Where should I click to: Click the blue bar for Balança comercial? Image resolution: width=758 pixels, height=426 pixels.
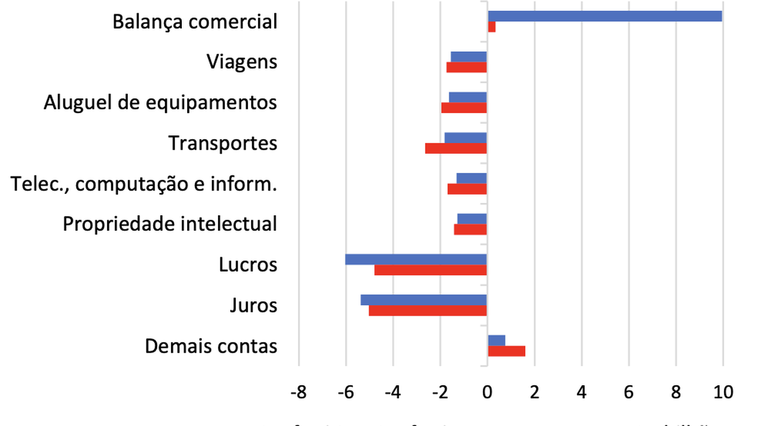tap(604, 16)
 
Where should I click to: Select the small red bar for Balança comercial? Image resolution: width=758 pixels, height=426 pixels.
tap(492, 27)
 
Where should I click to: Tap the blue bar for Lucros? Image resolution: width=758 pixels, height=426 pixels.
tap(416, 259)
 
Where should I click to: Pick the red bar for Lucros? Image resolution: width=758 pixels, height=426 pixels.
tap(431, 270)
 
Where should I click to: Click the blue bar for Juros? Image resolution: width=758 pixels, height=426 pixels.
tap(423, 300)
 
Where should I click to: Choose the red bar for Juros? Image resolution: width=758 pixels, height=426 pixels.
tap(428, 311)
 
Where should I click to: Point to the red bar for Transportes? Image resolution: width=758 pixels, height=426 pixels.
tap(456, 149)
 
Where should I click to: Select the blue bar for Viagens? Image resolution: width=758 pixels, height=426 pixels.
tap(468, 56)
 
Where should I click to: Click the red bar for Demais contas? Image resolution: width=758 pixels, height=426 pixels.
tap(506, 351)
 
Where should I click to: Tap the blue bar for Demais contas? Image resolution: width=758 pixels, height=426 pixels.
tap(496, 340)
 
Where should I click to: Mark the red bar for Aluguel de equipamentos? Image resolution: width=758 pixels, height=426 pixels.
tap(464, 108)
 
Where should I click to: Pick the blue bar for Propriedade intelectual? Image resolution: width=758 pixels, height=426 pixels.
tap(472, 219)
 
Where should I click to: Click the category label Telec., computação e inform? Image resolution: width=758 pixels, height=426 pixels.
tap(144, 184)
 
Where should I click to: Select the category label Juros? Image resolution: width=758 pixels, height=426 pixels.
tap(253, 305)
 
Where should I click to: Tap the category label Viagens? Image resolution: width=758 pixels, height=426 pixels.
tap(242, 62)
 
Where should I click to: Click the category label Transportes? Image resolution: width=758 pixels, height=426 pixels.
tap(223, 143)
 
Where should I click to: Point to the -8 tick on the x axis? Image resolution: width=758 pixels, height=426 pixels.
tap(298, 392)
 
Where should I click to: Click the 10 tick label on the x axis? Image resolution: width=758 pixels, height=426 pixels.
tap(722, 392)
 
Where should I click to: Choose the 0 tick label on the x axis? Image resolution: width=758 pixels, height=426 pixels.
tap(487, 392)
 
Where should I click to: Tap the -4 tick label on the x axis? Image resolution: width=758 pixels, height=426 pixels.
tap(392, 392)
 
